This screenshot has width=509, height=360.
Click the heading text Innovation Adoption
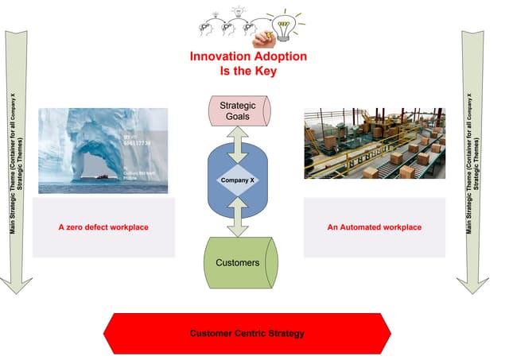[x=247, y=57]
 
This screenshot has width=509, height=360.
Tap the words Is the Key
[x=247, y=71]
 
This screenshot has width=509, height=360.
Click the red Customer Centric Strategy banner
[x=247, y=333]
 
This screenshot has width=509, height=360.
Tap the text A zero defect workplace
[x=103, y=227]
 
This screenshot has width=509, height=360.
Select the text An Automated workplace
[x=374, y=227]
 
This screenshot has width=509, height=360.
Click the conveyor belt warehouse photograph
[x=374, y=144]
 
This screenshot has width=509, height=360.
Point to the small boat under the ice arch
[x=103, y=176]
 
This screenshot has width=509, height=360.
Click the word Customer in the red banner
[x=209, y=333]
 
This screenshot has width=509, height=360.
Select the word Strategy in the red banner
[x=286, y=333]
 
